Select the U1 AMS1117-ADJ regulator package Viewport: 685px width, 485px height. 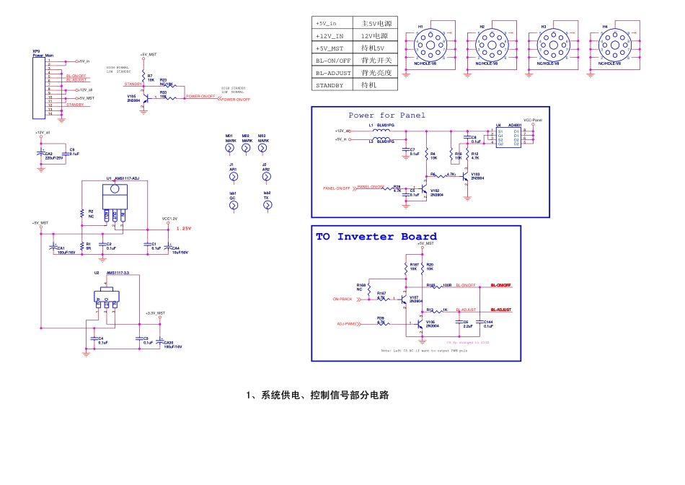click(x=113, y=198)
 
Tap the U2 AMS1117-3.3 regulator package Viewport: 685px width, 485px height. click(x=106, y=296)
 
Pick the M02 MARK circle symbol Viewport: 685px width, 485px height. click(x=246, y=148)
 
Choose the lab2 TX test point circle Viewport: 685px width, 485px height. click(x=268, y=205)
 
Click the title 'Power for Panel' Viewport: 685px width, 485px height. click(x=387, y=115)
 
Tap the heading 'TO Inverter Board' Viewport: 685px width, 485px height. click(x=376, y=237)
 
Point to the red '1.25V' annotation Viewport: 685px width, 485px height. click(x=184, y=228)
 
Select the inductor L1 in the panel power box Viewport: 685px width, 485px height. click(x=385, y=131)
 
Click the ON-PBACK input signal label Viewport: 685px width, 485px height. click(x=342, y=299)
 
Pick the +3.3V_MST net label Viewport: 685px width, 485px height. click(x=155, y=313)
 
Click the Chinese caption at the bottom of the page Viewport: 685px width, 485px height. click(x=317, y=396)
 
